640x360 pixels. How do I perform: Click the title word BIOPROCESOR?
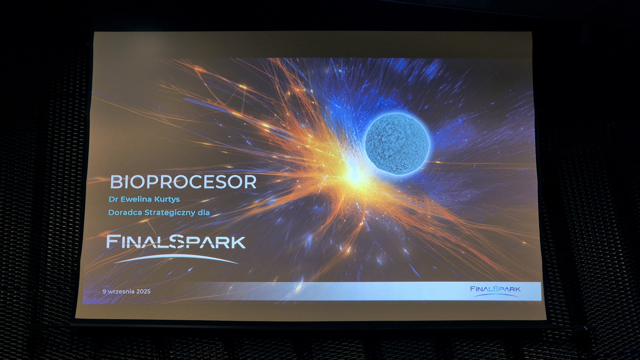(183, 182)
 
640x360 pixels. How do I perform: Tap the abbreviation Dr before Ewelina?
(113, 199)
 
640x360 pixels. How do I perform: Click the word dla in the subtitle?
(203, 212)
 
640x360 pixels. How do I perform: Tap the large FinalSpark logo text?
(176, 242)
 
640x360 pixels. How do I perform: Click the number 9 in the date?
(104, 292)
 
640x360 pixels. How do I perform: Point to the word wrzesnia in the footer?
(121, 292)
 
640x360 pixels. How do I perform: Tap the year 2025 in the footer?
(143, 292)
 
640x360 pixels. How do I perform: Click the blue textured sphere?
(397, 144)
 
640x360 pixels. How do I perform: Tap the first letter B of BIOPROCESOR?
(116, 182)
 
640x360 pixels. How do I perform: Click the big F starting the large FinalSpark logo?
(113, 242)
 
